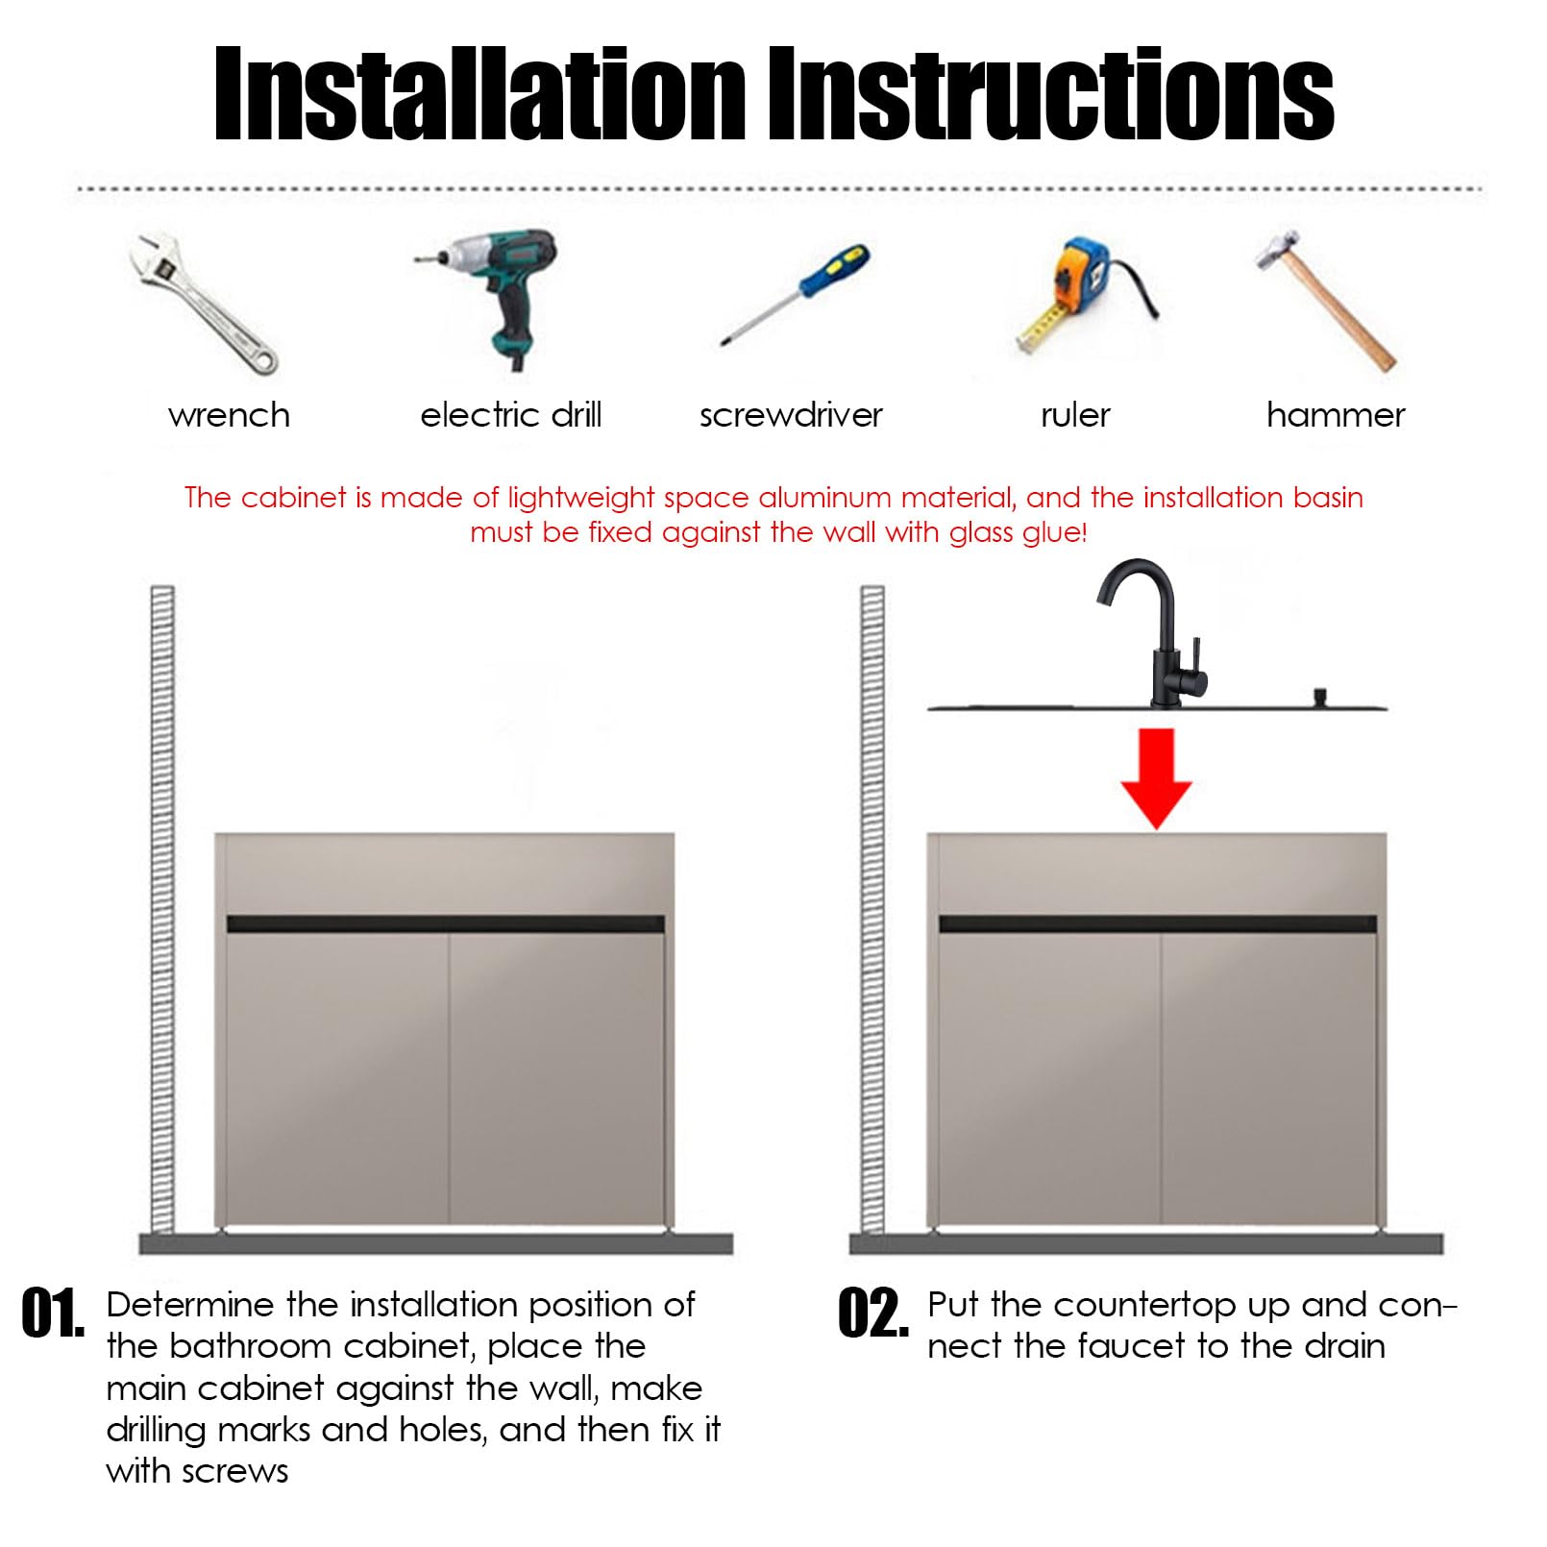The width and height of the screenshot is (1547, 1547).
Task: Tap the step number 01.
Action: (x=52, y=1314)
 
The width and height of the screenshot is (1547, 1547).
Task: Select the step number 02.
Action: (x=872, y=1314)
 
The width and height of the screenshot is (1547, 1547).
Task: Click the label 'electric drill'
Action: (x=511, y=415)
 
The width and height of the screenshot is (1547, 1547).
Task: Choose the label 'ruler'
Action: (x=1075, y=415)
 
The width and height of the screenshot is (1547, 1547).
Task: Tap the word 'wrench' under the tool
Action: (x=229, y=415)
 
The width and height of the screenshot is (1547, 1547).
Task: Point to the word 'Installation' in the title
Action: (x=479, y=94)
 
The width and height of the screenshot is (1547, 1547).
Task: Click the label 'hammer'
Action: (x=1336, y=415)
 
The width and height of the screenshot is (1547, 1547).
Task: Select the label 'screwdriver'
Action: (x=791, y=415)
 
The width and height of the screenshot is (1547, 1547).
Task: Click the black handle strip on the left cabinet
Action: (x=446, y=924)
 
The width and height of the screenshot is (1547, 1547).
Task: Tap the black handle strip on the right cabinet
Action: (x=1158, y=924)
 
